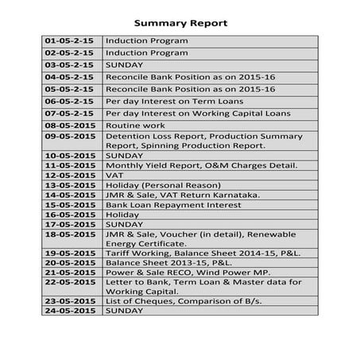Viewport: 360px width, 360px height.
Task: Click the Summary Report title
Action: (180, 23)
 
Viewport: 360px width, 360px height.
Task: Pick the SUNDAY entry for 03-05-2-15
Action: (125, 64)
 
